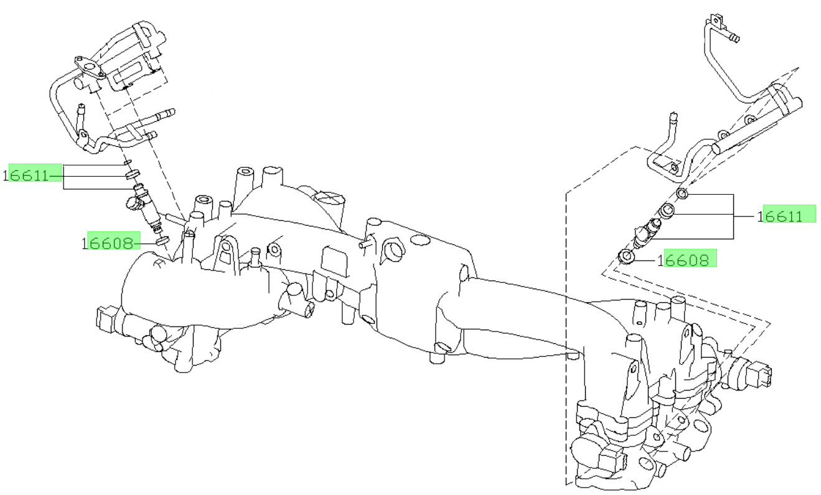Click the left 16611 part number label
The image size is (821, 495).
26,176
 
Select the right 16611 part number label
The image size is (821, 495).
780,216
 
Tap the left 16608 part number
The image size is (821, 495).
108,243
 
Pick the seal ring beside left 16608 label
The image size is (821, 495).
162,241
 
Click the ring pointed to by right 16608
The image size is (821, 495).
626,256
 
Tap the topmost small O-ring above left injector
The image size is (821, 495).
128,162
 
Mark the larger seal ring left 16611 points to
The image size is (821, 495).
133,174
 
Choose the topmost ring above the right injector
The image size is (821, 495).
682,193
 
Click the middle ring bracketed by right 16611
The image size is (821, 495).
667,211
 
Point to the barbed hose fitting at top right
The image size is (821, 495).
734,37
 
